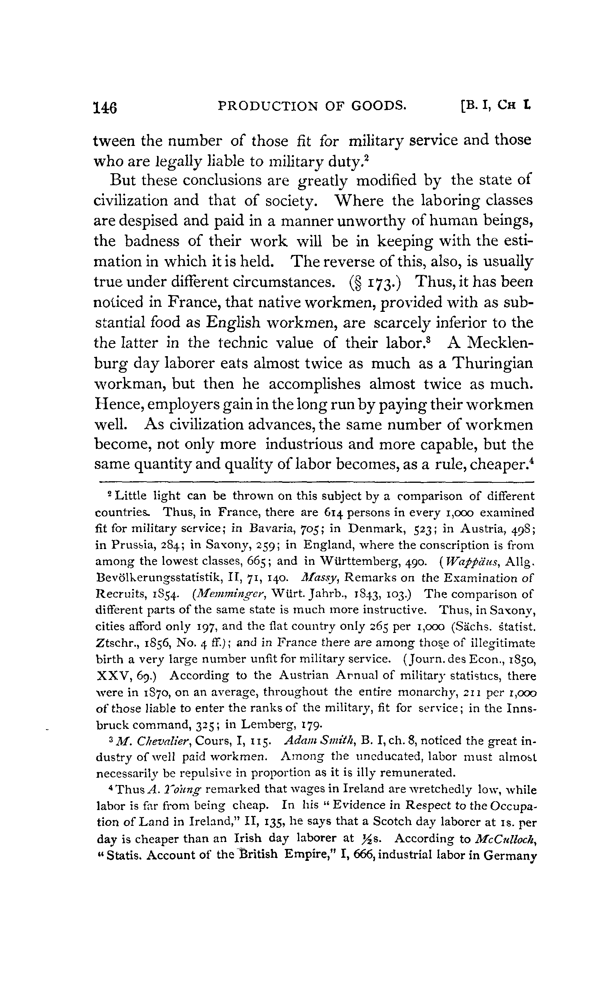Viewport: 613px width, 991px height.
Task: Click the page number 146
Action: point(106,108)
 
